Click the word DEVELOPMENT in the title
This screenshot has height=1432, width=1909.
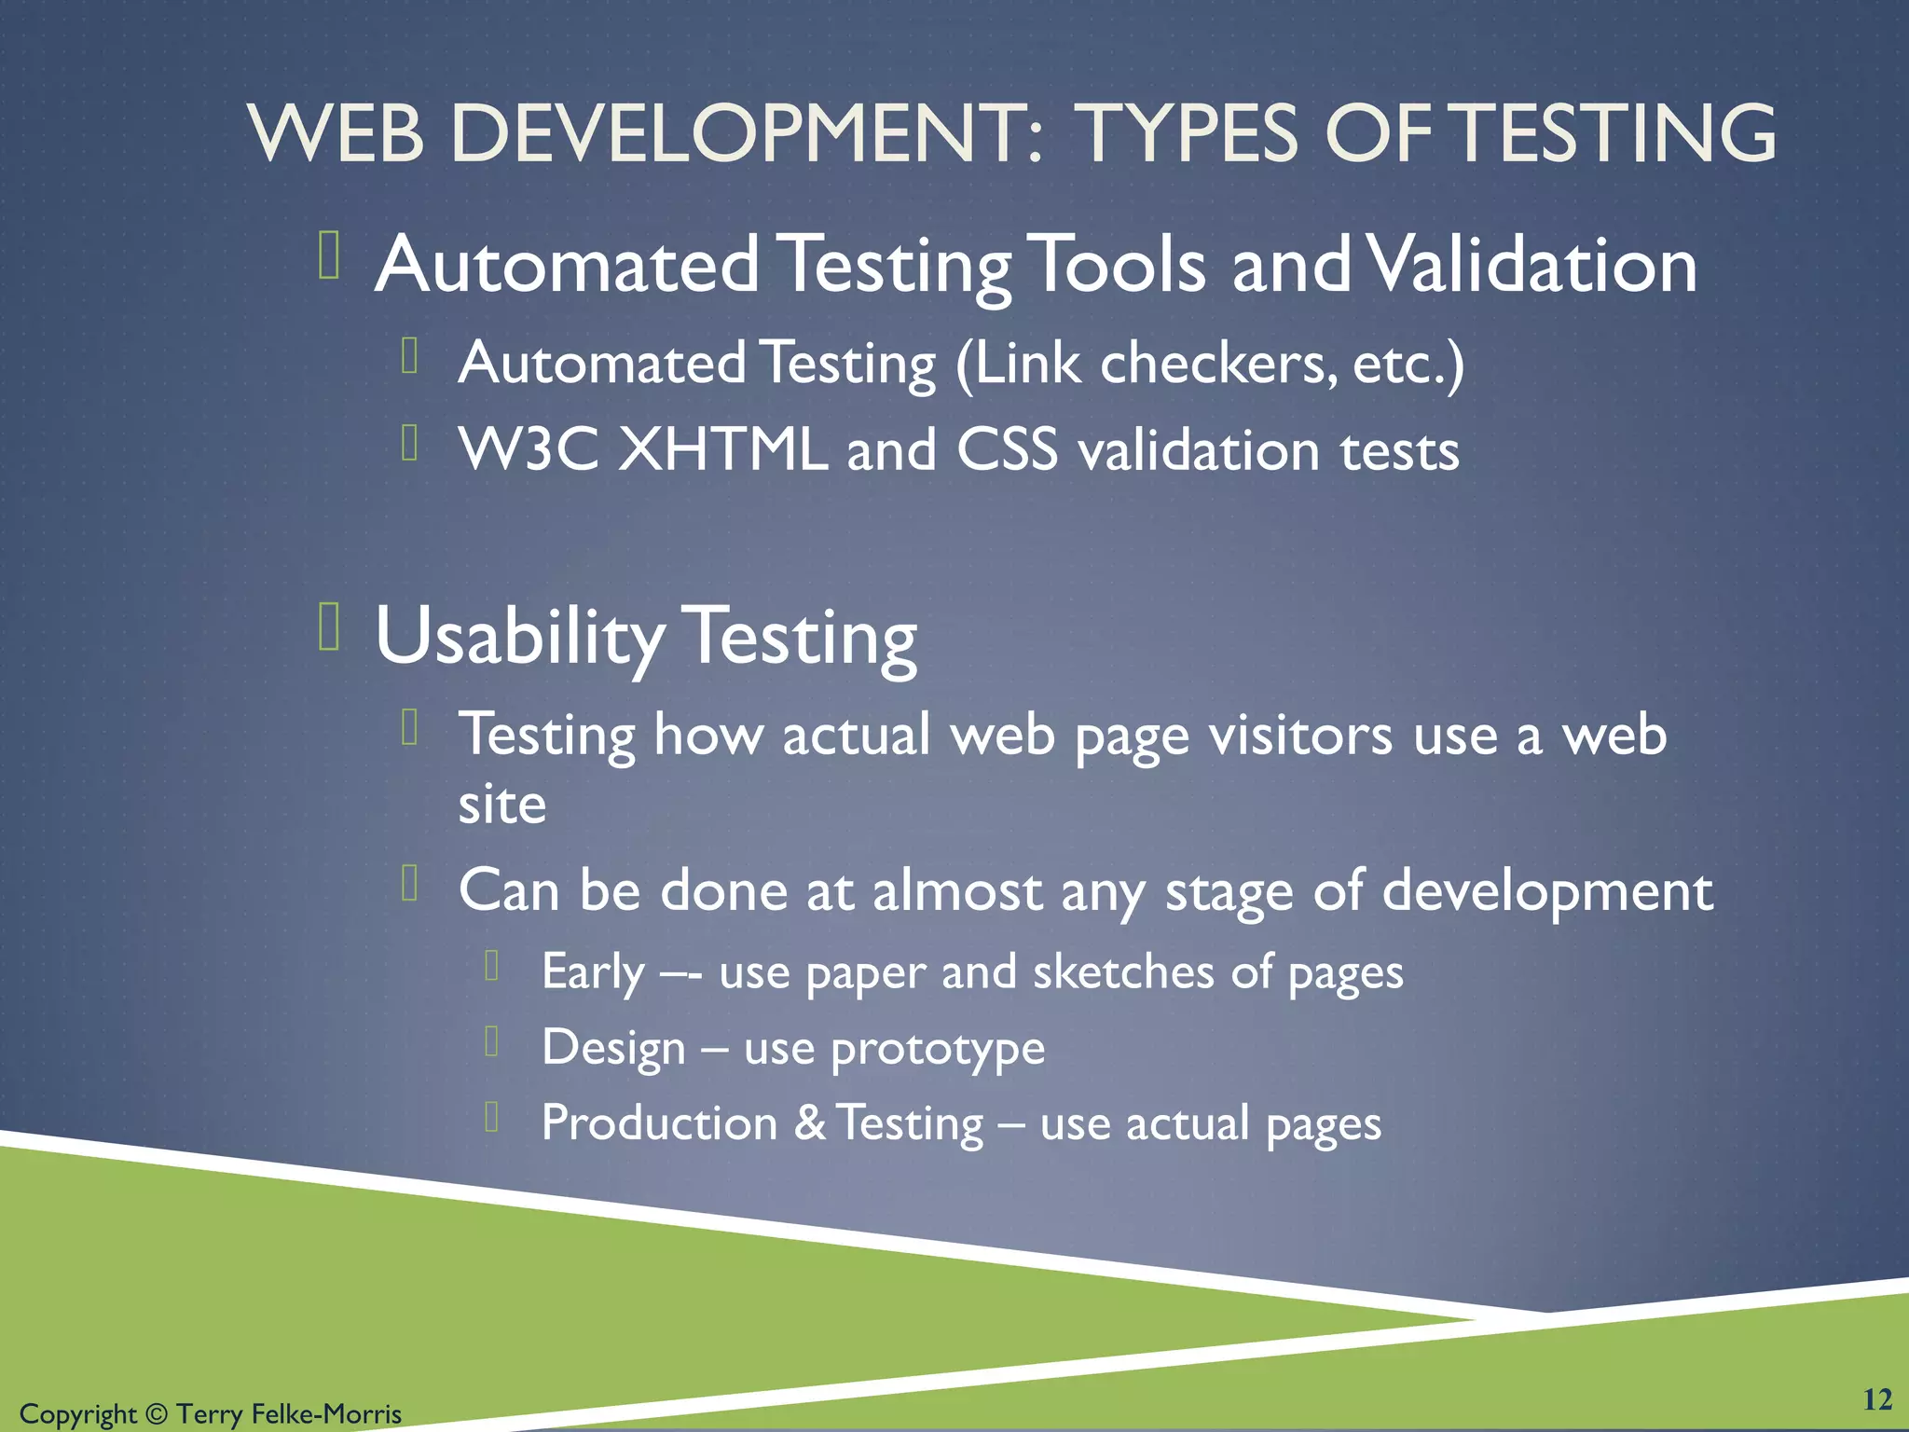746,133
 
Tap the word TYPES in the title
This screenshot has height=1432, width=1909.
1188,133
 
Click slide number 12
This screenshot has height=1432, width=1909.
1876,1399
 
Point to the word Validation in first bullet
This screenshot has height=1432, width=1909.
1533,265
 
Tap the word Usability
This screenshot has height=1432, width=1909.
518,638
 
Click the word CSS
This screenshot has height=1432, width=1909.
1007,449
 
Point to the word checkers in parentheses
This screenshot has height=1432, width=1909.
1212,363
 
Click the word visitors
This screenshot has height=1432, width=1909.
1300,736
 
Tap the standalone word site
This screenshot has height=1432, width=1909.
501,805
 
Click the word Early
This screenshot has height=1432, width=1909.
593,973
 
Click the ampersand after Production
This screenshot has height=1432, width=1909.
809,1123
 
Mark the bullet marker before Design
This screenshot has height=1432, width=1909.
492,1040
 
